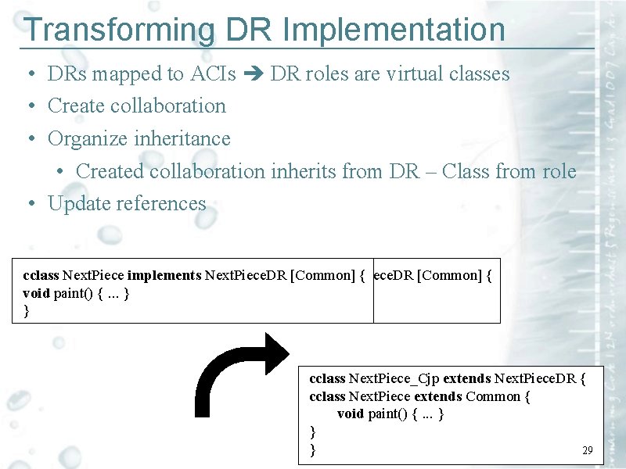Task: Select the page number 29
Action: [588, 450]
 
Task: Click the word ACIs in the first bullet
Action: [213, 74]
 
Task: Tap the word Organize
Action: [88, 139]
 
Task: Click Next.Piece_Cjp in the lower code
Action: [394, 379]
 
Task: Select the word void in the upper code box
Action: [37, 293]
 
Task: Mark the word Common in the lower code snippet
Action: [493, 396]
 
